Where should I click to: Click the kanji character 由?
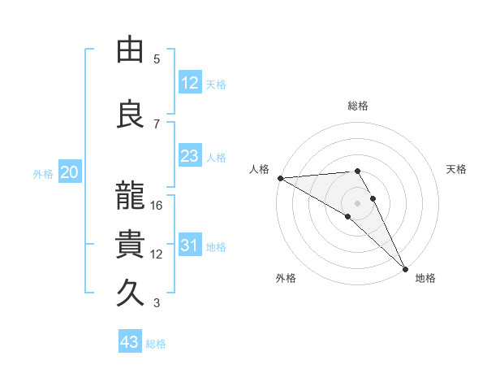130,50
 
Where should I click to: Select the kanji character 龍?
130,198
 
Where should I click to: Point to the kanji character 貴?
130,245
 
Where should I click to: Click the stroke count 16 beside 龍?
157,206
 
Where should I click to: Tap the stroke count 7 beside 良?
157,124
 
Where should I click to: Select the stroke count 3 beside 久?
157,303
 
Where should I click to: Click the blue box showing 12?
189,83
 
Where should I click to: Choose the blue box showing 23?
189,156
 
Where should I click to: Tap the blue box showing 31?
189,245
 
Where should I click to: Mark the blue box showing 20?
69,172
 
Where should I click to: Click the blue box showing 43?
129,342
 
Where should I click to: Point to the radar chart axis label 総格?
358,106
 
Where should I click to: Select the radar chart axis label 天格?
457,169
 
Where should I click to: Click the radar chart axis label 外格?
286,278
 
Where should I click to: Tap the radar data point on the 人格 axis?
280,178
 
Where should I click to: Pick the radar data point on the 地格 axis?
405,268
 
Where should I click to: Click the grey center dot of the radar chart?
357,202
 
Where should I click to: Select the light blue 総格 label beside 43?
156,344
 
